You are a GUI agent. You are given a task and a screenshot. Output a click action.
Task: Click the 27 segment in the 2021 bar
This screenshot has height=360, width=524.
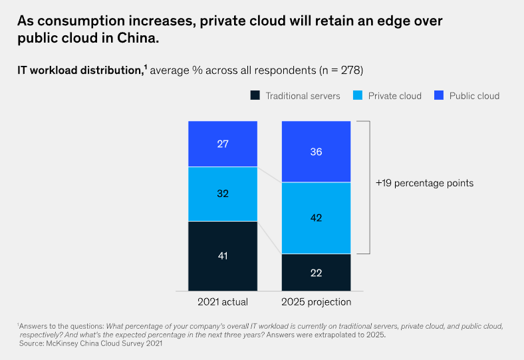pyautogui.click(x=223, y=144)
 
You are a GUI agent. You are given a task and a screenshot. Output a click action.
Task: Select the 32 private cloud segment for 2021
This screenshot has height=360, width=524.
pyautogui.click(x=223, y=194)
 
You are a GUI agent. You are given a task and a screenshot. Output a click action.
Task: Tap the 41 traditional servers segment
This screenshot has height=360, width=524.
pyautogui.click(x=223, y=256)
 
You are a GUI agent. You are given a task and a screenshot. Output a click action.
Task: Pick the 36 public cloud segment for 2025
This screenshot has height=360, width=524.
pyautogui.click(x=316, y=152)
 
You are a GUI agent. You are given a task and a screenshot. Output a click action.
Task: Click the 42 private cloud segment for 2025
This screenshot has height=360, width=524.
pyautogui.click(x=316, y=218)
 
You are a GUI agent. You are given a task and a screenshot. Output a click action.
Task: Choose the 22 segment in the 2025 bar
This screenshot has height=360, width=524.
pyautogui.click(x=316, y=272)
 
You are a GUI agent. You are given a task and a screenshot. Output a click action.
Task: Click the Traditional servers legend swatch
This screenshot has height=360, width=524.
pyautogui.click(x=255, y=96)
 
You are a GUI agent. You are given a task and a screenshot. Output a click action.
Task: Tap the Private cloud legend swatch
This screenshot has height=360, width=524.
pyautogui.click(x=357, y=96)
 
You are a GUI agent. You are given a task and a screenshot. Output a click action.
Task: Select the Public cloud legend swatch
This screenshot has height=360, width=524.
pyautogui.click(x=438, y=96)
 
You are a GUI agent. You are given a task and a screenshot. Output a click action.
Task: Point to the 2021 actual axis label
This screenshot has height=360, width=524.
pyautogui.click(x=223, y=302)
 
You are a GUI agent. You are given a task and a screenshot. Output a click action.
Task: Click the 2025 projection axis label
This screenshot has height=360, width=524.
pyautogui.click(x=316, y=302)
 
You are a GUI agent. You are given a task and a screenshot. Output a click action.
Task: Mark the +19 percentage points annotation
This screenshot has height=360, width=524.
pyautogui.click(x=425, y=183)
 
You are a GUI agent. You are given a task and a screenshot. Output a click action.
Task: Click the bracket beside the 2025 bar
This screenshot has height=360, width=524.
pyautogui.click(x=368, y=187)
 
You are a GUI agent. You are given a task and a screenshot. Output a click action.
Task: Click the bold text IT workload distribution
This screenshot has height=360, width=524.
pyautogui.click(x=79, y=69)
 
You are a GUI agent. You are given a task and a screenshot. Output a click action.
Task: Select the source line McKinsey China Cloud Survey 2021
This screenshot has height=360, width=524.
pyautogui.click(x=90, y=343)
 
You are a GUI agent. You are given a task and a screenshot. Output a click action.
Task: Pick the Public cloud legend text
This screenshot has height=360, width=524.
pyautogui.click(x=474, y=96)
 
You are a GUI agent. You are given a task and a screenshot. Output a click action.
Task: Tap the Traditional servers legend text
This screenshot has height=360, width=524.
pyautogui.click(x=303, y=96)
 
